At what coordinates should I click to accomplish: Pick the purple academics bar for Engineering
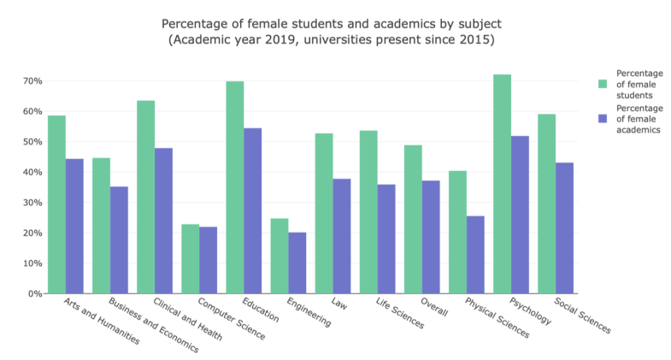(x=297, y=263)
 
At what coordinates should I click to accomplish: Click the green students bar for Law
(x=324, y=213)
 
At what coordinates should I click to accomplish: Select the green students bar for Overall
(x=413, y=219)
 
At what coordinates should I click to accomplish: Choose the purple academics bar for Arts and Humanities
(x=74, y=226)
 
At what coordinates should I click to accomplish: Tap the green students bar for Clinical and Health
(x=145, y=197)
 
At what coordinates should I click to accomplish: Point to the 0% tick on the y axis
(x=35, y=293)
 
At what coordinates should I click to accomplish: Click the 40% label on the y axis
(x=32, y=172)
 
